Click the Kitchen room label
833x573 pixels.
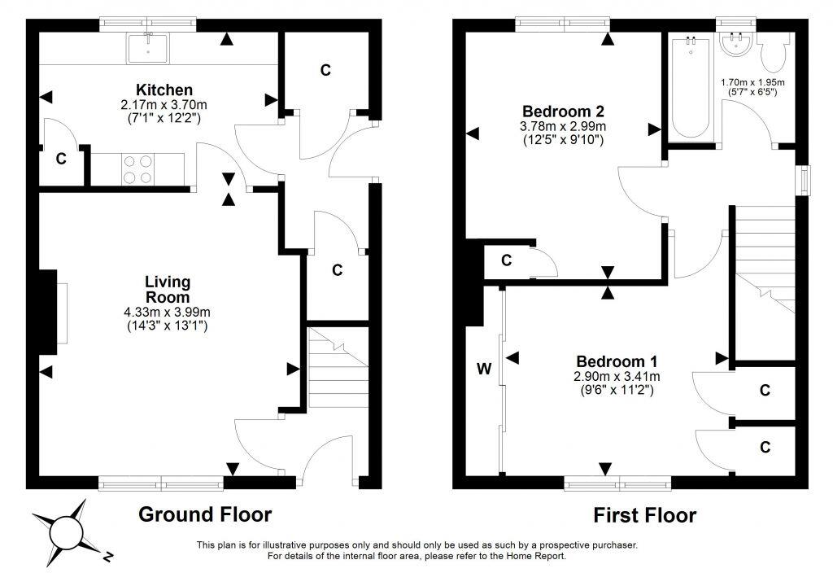pyautogui.click(x=164, y=90)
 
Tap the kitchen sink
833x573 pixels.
pyautogui.click(x=147, y=48)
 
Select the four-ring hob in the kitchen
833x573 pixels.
pyautogui.click(x=137, y=169)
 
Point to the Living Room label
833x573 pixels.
pyautogui.click(x=168, y=289)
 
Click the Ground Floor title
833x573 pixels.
pyautogui.click(x=205, y=514)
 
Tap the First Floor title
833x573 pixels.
pyautogui.click(x=644, y=515)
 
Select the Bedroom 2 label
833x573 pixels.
pyautogui.click(x=563, y=112)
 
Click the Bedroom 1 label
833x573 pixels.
pyautogui.click(x=617, y=362)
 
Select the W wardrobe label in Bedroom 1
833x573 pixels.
pyautogui.click(x=484, y=369)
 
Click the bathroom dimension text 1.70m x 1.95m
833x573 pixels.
pyautogui.click(x=752, y=82)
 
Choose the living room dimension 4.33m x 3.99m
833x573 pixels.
pyautogui.click(x=167, y=313)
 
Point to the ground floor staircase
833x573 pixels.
pyautogui.click(x=338, y=368)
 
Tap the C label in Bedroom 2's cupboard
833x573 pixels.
pyautogui.click(x=506, y=260)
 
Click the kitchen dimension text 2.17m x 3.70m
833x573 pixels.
pyautogui.click(x=164, y=105)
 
